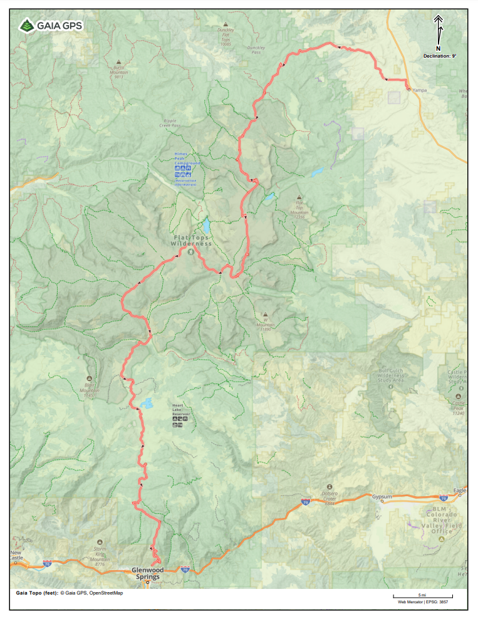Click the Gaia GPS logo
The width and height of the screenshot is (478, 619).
(50, 26)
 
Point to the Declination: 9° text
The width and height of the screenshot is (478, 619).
(440, 56)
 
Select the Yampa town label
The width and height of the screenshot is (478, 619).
(418, 90)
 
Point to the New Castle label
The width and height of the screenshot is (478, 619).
(18, 554)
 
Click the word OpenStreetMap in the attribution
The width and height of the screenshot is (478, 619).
(106, 593)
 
